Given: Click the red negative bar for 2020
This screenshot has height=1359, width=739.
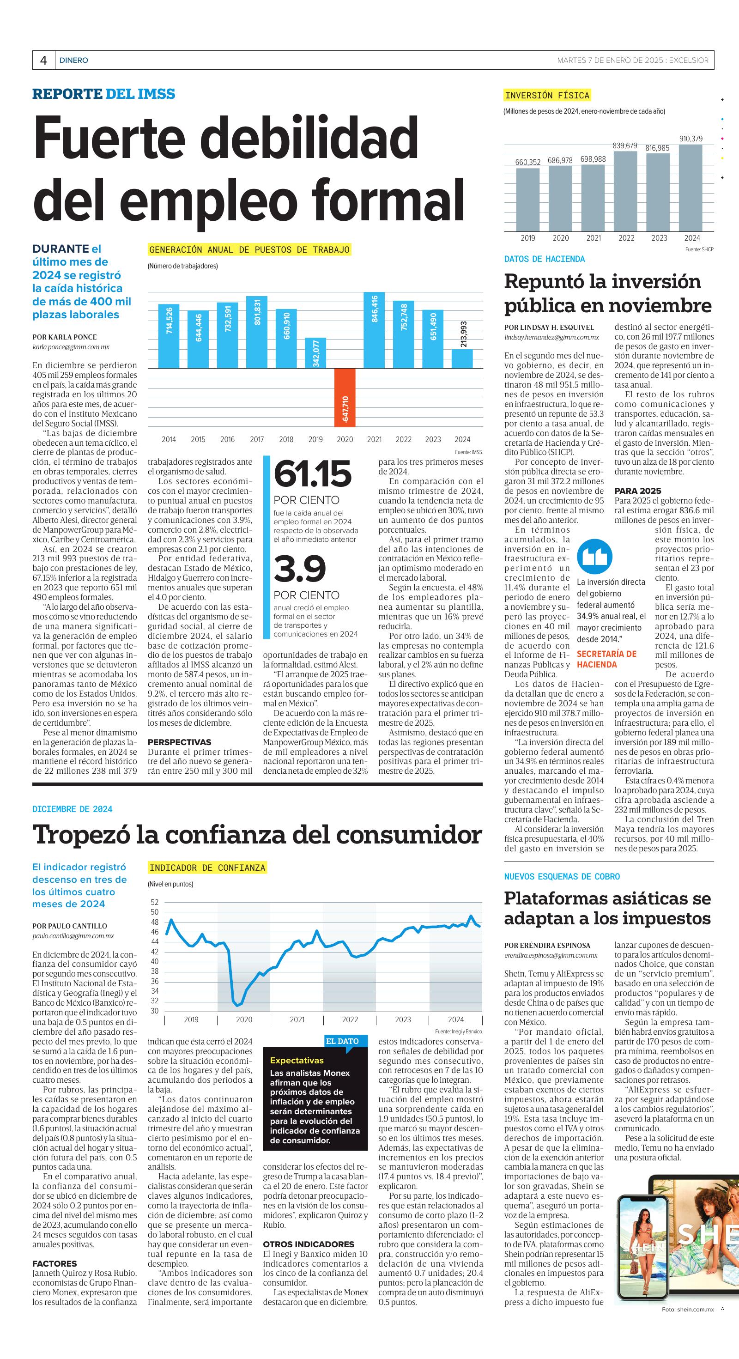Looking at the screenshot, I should tap(345, 397).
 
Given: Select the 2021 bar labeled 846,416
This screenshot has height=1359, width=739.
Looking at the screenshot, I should tap(374, 330).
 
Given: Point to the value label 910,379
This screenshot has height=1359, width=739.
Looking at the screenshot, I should tap(691, 139).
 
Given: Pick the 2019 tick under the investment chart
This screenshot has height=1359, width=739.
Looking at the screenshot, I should tap(527, 238).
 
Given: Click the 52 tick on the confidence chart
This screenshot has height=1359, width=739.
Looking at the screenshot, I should tap(155, 902).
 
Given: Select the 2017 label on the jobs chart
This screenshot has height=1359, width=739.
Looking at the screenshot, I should tap(257, 439).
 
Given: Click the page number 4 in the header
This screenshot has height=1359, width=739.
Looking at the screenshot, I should tap(44, 60).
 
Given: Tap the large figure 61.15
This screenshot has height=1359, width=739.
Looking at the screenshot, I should tap(312, 474).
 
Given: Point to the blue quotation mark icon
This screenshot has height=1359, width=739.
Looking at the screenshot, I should tap(594, 557).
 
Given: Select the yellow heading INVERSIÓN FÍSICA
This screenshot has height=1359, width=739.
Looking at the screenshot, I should tap(547, 96).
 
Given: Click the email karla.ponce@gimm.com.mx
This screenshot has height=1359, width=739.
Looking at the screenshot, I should tap(71, 347).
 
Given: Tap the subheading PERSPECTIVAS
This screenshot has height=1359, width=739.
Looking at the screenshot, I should tap(179, 742).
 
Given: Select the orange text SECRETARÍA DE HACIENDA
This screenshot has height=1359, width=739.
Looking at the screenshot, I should tap(606, 659).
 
